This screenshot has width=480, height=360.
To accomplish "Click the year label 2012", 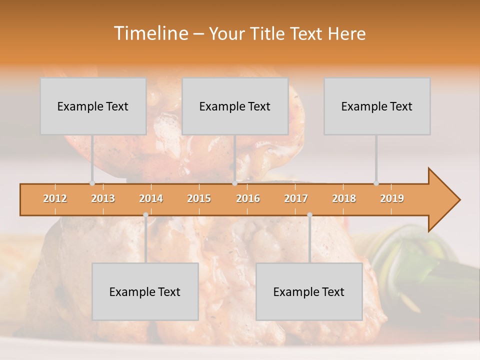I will [55, 198].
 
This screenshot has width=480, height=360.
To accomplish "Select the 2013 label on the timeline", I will [103, 198].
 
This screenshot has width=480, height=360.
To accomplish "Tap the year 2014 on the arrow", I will [151, 198].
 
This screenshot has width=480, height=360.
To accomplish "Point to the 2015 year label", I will [199, 198].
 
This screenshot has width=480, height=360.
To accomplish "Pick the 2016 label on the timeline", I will [248, 198].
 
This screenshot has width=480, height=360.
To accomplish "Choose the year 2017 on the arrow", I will [296, 198].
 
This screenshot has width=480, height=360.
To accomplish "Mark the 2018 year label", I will [344, 198].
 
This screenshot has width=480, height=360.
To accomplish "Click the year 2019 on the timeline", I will [392, 198].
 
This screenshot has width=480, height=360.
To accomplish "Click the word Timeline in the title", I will [150, 33].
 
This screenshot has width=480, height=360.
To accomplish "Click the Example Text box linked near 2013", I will [93, 106].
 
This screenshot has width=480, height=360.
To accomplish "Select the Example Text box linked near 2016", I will [235, 106].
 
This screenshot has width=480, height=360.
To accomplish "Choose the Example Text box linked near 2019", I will [377, 106].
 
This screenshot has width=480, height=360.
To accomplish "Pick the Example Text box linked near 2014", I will [145, 291].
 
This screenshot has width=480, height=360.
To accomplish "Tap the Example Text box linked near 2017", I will [309, 291].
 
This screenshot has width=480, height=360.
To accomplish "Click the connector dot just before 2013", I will [92, 183].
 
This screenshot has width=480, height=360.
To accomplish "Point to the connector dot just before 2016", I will [234, 183].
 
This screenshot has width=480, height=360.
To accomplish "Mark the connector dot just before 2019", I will [376, 183].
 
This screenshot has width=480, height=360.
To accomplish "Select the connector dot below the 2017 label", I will [309, 215].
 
